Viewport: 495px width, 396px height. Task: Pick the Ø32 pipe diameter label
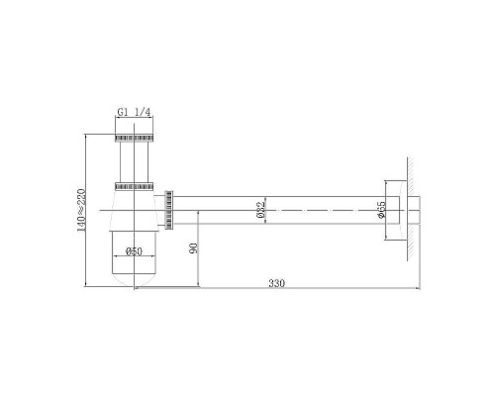pos(259,211)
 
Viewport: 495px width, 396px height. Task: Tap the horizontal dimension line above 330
pos(297,289)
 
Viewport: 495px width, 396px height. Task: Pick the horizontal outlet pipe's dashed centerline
pos(297,209)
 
